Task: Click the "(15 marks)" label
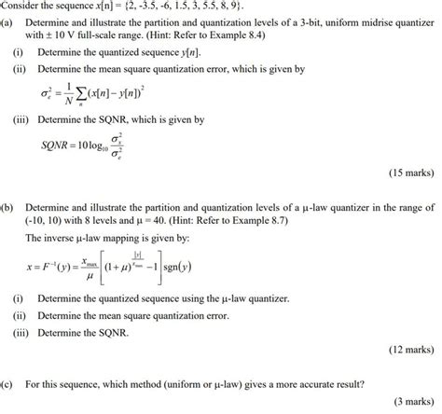coord(407,173)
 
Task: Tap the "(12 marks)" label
coord(407,350)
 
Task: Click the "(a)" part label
coord(7,22)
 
